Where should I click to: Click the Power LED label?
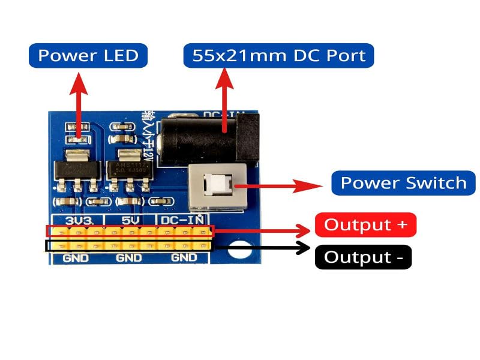[x=88, y=56]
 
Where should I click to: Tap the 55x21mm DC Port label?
[x=278, y=56]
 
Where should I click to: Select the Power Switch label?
[x=403, y=183]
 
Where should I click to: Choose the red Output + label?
[x=365, y=225]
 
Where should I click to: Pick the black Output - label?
[x=363, y=257]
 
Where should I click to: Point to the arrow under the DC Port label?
[x=225, y=99]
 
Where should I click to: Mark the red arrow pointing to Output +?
[x=264, y=230]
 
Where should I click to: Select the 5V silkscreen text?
[x=130, y=220]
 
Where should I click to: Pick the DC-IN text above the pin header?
[x=183, y=220]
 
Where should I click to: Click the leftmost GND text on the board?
[x=76, y=259]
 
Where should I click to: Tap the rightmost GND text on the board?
[x=184, y=259]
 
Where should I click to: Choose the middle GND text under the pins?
[x=129, y=259]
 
